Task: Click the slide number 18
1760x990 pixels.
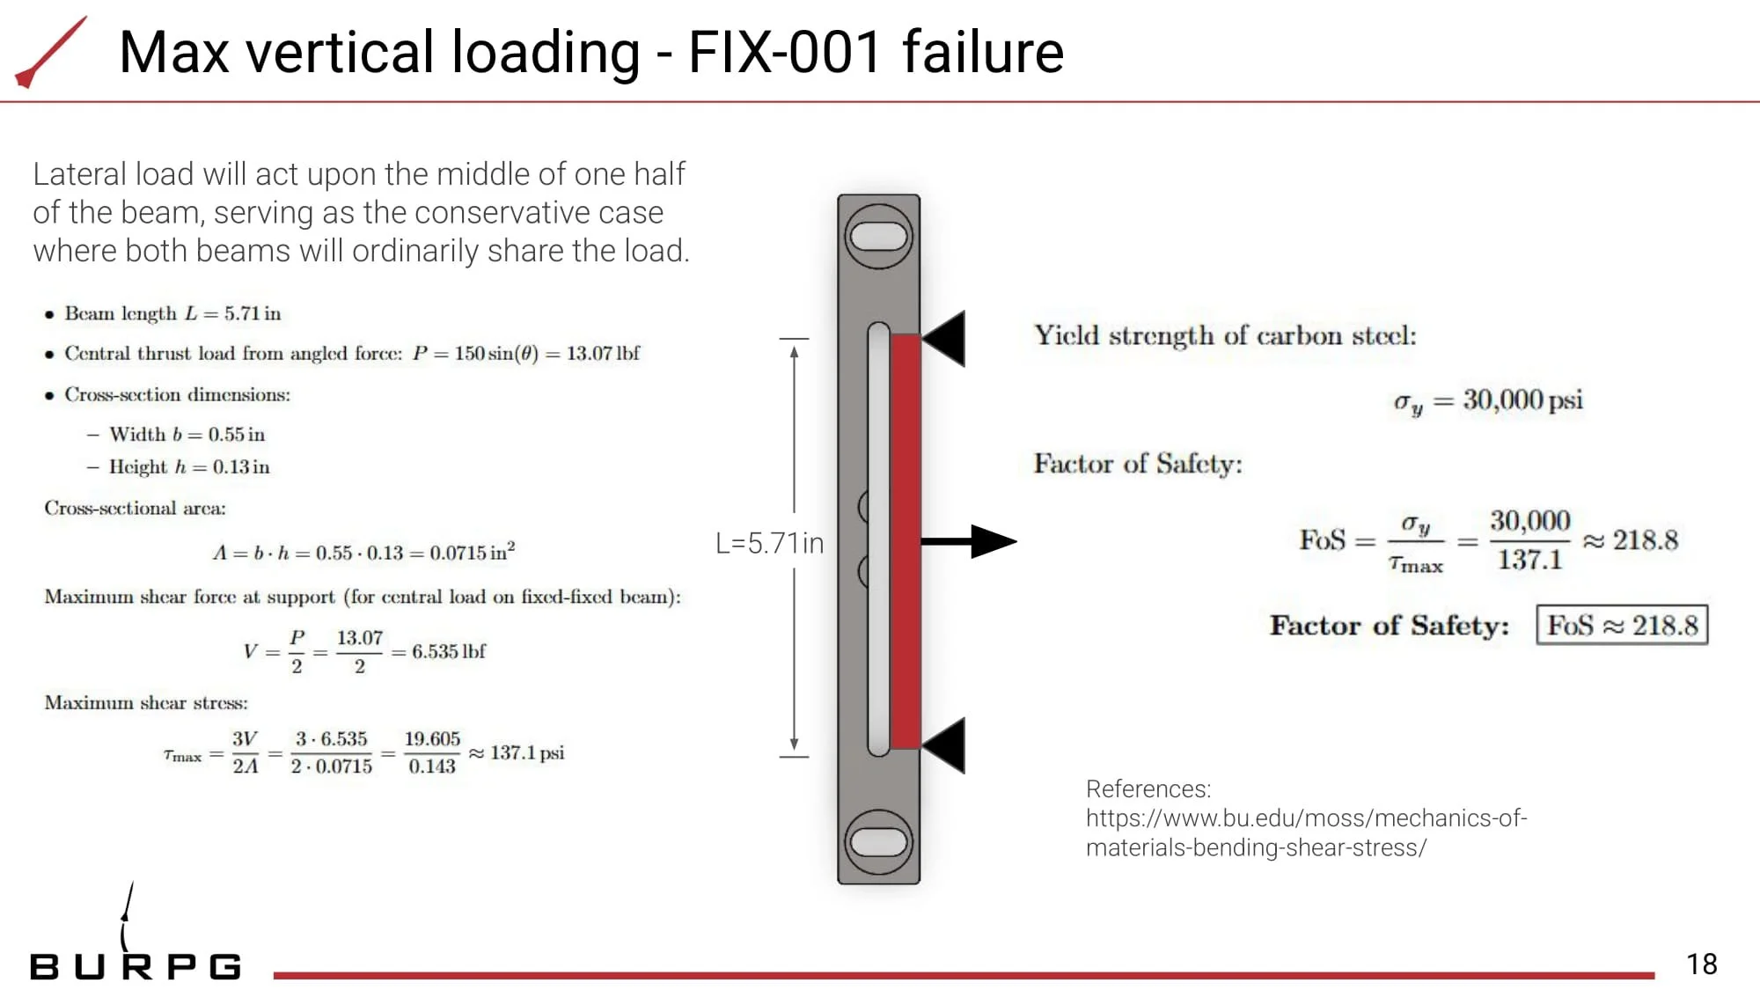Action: click(1701, 964)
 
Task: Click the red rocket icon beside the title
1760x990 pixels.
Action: click(51, 52)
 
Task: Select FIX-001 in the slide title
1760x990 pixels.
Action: click(784, 52)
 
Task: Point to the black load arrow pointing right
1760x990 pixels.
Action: click(968, 541)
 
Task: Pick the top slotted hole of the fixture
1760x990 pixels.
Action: click(878, 236)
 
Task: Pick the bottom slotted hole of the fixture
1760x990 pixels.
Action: click(878, 841)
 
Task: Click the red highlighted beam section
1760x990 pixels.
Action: click(906, 541)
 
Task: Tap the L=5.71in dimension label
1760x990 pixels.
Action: click(769, 544)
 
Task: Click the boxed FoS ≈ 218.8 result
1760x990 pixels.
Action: click(1622, 625)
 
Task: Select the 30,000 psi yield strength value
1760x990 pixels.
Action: click(1522, 400)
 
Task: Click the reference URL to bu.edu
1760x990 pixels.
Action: click(1306, 832)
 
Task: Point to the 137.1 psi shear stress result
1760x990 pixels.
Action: click(527, 753)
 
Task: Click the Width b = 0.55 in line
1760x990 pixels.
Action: click(187, 434)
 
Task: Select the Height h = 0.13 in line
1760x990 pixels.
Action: click(189, 467)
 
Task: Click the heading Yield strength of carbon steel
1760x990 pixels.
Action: click(1225, 335)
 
